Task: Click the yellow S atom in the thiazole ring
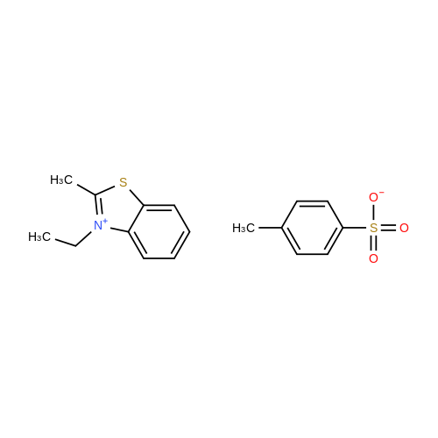pos(124,182)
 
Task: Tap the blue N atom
pos(98,226)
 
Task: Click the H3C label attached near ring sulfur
pos(61,180)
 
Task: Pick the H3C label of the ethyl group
pos(39,237)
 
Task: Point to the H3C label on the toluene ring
pos(244,228)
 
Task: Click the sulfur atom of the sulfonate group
pos(374,228)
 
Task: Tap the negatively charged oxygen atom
pos(373,197)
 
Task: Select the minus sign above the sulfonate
pos(382,192)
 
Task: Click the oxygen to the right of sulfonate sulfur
pos(404,228)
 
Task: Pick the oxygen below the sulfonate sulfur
pos(373,258)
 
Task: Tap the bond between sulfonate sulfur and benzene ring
pos(355,228)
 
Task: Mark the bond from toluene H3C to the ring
pos(271,228)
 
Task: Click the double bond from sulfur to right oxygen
pos(389,228)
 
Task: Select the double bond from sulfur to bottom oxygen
pos(374,243)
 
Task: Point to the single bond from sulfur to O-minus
pos(374,213)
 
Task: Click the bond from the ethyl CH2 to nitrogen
pos(84,239)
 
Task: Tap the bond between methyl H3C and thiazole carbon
pos(86,189)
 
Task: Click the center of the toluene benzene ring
pos(312,228)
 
